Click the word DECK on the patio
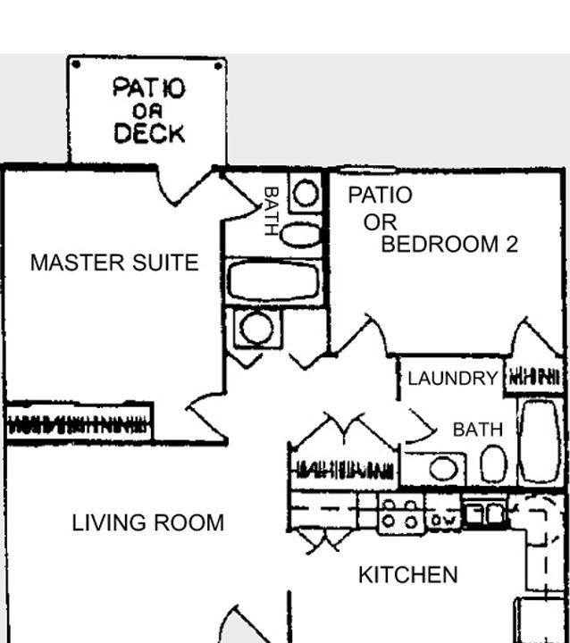coord(149,133)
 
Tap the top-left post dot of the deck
coord(76,64)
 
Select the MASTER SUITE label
coord(114,263)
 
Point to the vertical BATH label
coord(272,211)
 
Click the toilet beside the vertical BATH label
coord(302,235)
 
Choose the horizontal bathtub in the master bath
coord(273,281)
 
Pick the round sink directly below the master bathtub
coord(257,328)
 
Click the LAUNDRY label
coord(453,378)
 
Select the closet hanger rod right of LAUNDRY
coord(534,377)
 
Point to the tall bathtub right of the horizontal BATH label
coord(540,441)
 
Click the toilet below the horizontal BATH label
coord(493,463)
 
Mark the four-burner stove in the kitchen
coord(401,514)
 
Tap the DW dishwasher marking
coord(443,521)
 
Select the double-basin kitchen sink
coord(484,514)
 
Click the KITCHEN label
coord(408,575)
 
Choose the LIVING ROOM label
coord(148,522)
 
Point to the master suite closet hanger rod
coord(77,424)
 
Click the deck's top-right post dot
coord(219,65)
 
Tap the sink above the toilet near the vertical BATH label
coord(306,193)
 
